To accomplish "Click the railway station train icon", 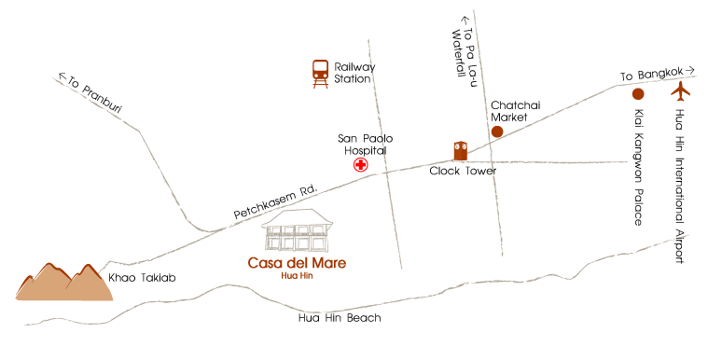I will tap(320, 73).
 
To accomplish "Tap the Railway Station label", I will tap(354, 73).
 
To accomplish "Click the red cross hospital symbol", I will tap(359, 165).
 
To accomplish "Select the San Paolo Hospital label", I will tap(361, 143).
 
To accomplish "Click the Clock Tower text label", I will tap(463, 172).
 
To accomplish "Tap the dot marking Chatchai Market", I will tap(497, 132).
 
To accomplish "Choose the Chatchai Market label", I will tap(515, 112).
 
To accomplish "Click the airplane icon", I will tap(681, 92).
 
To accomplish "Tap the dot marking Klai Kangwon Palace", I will tap(638, 94).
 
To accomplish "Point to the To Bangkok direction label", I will tap(659, 73).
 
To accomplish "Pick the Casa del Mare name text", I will tap(297, 263).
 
